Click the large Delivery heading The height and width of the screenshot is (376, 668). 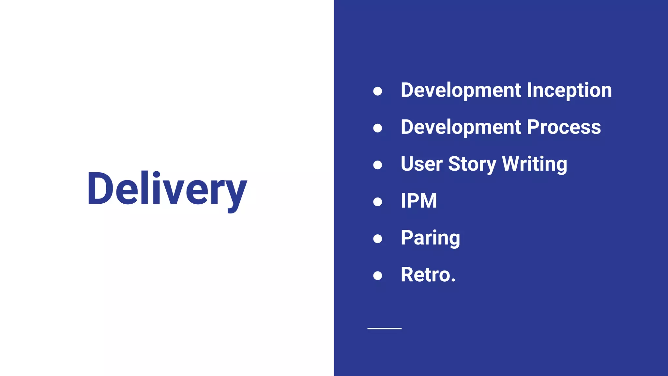[x=167, y=189]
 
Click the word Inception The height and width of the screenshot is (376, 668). [x=569, y=90]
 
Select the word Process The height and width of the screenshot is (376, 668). [x=564, y=127]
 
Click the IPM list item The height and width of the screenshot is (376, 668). [x=418, y=201]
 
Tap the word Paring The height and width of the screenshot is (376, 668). [x=430, y=238]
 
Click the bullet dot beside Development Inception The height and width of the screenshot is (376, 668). [x=377, y=91]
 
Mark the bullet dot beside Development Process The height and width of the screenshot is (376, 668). [x=377, y=128]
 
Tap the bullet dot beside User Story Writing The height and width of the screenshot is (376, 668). [x=377, y=165]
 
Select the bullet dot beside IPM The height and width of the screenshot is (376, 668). [x=377, y=202]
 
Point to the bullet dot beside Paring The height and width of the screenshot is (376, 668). [x=377, y=239]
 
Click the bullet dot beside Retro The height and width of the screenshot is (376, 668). [x=377, y=276]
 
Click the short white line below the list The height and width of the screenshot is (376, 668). [x=384, y=328]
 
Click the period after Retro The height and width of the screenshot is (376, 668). [x=453, y=280]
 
